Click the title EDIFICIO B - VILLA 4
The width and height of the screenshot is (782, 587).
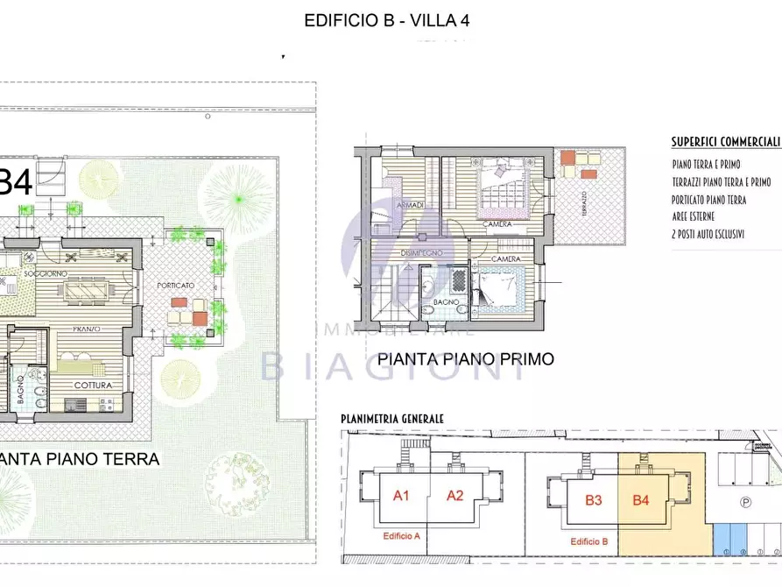tap(386, 20)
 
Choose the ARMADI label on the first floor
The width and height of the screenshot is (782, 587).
tap(411, 205)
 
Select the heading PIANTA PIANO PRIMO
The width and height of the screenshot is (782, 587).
tap(465, 359)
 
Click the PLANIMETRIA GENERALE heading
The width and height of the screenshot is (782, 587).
tap(393, 420)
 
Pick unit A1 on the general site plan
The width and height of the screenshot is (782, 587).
tap(401, 496)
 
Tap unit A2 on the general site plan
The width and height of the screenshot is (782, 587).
tap(454, 496)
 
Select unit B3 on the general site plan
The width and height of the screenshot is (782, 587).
tap(593, 500)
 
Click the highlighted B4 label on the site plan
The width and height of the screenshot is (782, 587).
tap(641, 500)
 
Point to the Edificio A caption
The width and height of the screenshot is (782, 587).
tap(402, 536)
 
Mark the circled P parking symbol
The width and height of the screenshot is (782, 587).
tap(745, 503)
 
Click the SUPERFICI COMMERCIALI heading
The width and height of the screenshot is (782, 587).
tap(725, 141)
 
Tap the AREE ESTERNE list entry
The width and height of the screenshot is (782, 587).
tap(694, 216)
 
